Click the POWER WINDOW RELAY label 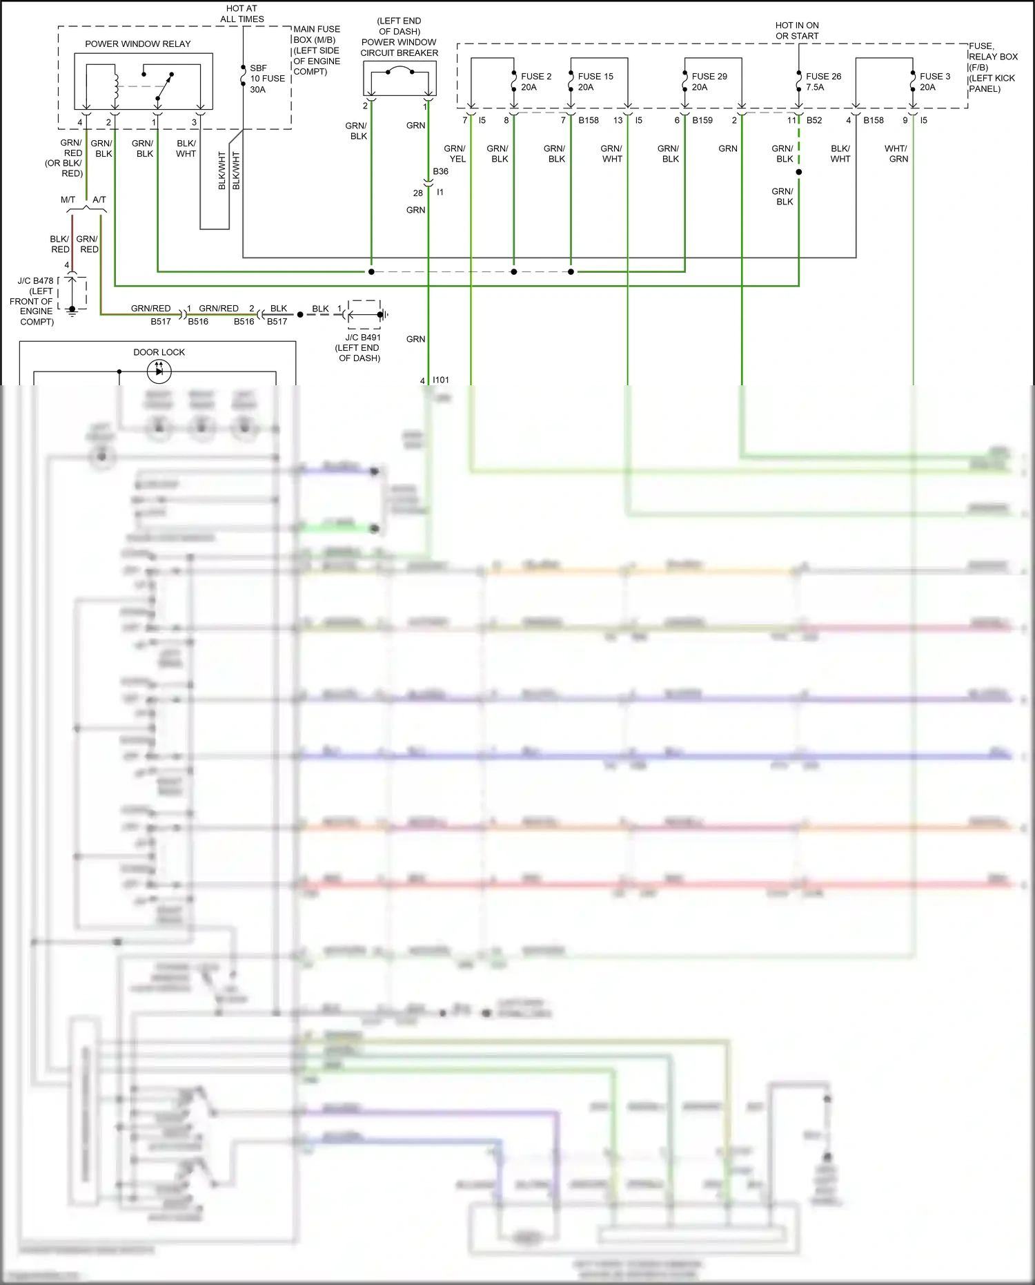pyautogui.click(x=137, y=44)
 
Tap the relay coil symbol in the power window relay pyautogui.click(x=116, y=86)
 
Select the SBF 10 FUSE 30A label pyautogui.click(x=266, y=79)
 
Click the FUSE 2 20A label pyautogui.click(x=535, y=81)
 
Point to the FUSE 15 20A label pyautogui.click(x=595, y=81)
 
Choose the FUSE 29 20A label pyautogui.click(x=709, y=81)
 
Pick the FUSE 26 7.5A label pyautogui.click(x=822, y=81)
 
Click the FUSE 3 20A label pyautogui.click(x=934, y=81)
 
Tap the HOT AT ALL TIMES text pyautogui.click(x=241, y=14)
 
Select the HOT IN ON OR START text pyautogui.click(x=797, y=30)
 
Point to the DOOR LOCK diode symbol pyautogui.click(x=159, y=371)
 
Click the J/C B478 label pyautogui.click(x=35, y=281)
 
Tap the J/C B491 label pyautogui.click(x=362, y=338)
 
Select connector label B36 pyautogui.click(x=440, y=171)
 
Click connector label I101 pyautogui.click(x=440, y=380)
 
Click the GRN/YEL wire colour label pyautogui.click(x=455, y=153)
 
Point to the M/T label pyautogui.click(x=68, y=200)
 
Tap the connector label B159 pyautogui.click(x=702, y=120)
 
